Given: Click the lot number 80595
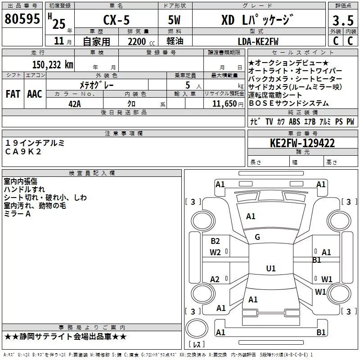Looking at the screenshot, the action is [x=22, y=18].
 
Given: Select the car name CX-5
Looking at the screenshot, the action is [x=117, y=20].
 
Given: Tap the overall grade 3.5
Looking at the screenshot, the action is [x=343, y=20].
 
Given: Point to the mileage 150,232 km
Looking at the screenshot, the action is [x=53, y=64].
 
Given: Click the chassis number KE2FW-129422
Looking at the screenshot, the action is [x=302, y=143].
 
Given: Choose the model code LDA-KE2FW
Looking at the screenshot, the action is [x=258, y=41].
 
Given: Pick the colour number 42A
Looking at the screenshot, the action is [x=75, y=104].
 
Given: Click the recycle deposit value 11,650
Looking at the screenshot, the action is [x=225, y=104].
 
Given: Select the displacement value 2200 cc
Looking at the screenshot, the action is [x=141, y=42].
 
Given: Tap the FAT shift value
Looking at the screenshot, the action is [x=13, y=94].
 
